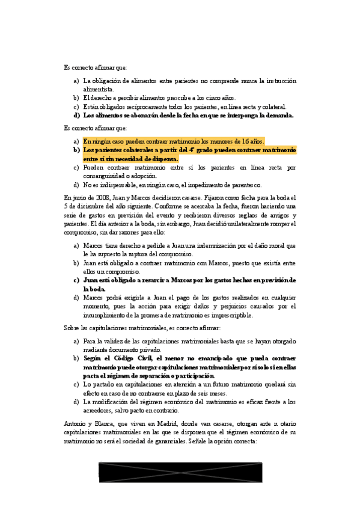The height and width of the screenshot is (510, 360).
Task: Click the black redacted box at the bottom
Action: coord(181,471)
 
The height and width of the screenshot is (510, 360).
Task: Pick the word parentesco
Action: coord(243,185)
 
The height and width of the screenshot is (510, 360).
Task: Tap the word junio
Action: coord(78,197)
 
